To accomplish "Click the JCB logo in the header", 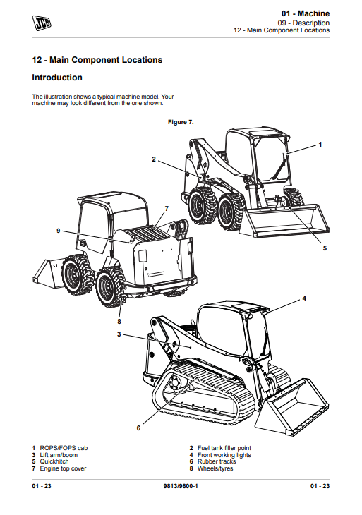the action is pos(42,23).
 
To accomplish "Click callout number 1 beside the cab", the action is pos(320,145).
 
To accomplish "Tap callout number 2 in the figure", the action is pos(154,159).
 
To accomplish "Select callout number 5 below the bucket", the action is pos(325,248).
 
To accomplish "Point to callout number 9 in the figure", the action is pos(59,231).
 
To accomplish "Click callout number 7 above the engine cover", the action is pos(167,209).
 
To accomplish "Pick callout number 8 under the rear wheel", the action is pos(119,322).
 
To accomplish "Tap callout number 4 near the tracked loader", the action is pos(304,298).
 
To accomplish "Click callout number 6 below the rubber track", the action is pos(138,428).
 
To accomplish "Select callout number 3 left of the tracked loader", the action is pos(119,334).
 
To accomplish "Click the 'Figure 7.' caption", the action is pos(181,122).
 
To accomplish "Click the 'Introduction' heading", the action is pos(57,78).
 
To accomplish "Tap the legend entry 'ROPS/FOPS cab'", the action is pos(64,448).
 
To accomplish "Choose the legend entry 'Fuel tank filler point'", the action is pos(224,448).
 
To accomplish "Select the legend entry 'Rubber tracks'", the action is pos(217,461).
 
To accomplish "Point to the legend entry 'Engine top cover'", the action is pos(63,468).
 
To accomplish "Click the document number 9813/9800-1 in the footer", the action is pos(181,486).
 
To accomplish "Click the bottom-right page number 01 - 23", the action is pos(320,486).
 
